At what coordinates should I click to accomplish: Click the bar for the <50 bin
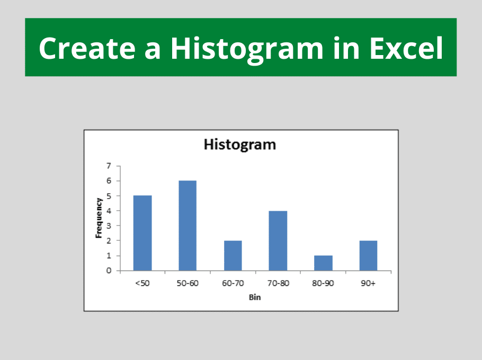(142, 233)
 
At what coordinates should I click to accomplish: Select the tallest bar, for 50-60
(188, 226)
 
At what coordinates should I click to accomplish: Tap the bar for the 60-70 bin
(233, 256)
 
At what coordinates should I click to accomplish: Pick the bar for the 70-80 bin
(278, 240)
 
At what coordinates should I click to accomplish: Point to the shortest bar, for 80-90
(323, 263)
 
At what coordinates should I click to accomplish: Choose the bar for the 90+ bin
(368, 256)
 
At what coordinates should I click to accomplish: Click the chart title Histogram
(240, 145)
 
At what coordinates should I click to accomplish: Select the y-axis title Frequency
(99, 218)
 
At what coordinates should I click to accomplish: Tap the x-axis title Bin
(255, 297)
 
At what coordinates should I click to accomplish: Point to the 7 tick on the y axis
(109, 166)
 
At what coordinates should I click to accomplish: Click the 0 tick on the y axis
(109, 271)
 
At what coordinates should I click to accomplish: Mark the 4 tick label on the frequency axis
(109, 211)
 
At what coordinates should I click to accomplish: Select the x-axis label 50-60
(188, 283)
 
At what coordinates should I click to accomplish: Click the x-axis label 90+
(368, 283)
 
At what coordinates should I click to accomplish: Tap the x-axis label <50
(142, 283)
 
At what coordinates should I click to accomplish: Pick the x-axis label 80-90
(323, 283)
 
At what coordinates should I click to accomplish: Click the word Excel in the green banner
(406, 48)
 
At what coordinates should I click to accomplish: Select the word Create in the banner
(87, 49)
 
